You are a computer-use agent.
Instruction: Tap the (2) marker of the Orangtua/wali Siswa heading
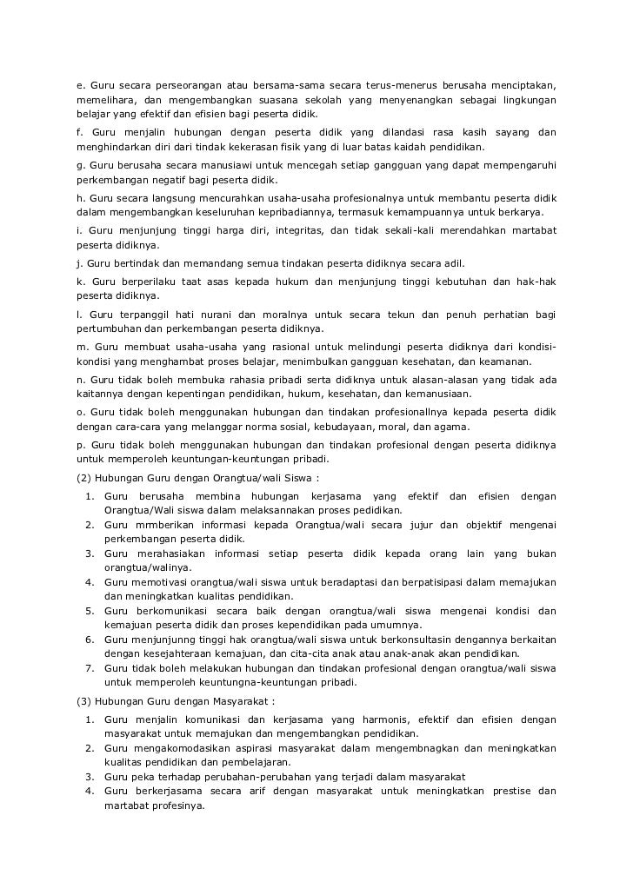(83, 477)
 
